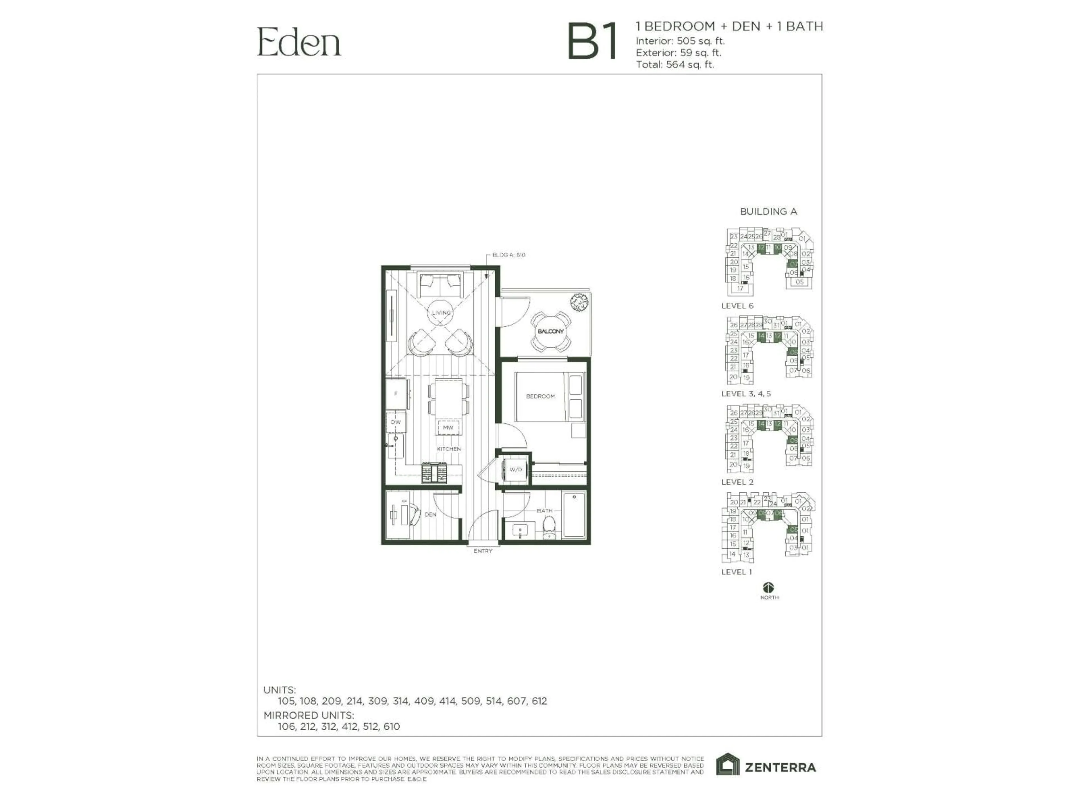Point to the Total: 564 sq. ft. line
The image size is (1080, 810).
click(675, 64)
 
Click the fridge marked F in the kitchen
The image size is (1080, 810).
click(396, 393)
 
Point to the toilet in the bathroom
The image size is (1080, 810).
click(550, 528)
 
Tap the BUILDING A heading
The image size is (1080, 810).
click(768, 212)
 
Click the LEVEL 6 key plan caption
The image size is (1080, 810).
click(737, 306)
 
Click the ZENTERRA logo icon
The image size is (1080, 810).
click(728, 764)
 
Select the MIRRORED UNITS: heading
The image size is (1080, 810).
click(309, 715)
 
